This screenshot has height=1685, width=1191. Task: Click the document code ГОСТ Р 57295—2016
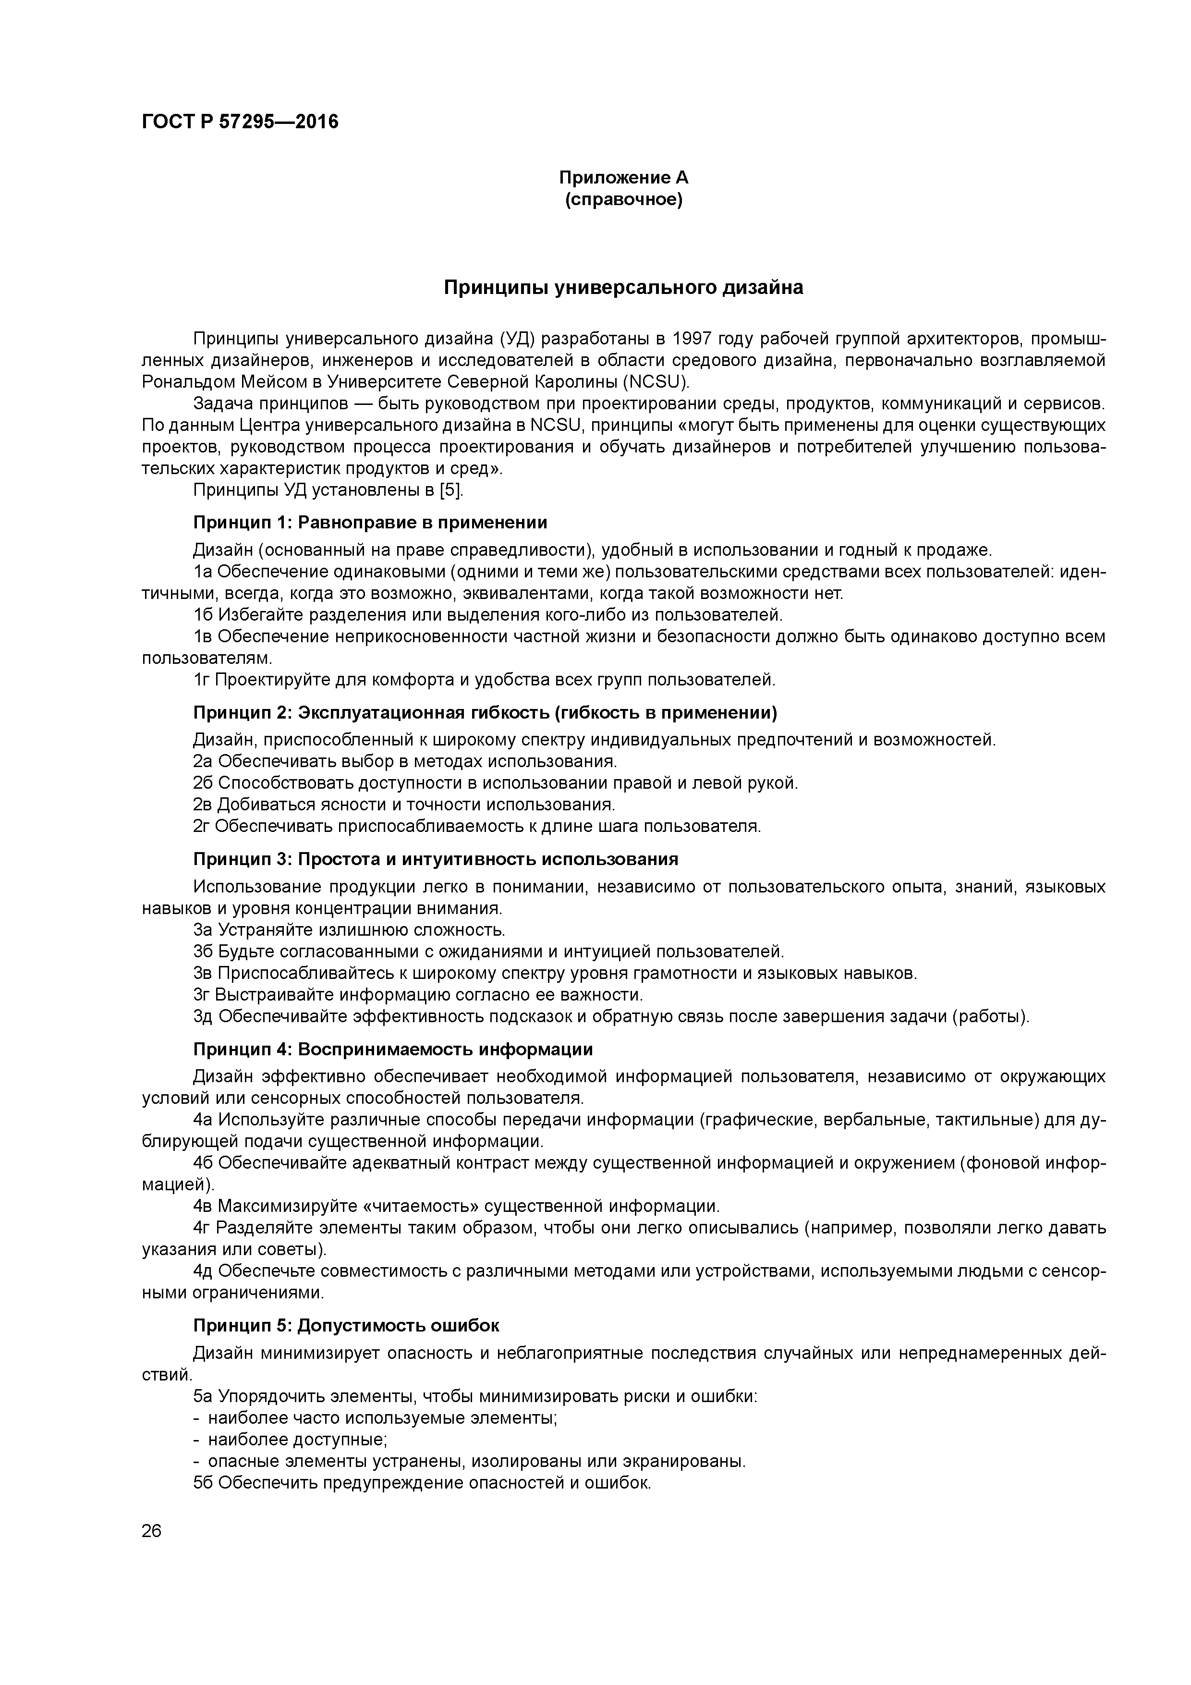click(x=240, y=122)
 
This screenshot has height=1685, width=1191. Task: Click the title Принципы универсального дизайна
click(x=623, y=288)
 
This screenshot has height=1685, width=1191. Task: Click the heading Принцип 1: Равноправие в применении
click(x=370, y=523)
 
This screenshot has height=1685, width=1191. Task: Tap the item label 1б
click(x=203, y=614)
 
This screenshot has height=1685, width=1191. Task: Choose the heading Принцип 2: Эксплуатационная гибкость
click(x=485, y=713)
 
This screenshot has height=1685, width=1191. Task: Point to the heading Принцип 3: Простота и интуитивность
click(x=435, y=859)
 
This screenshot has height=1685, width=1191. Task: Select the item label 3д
click(x=203, y=1016)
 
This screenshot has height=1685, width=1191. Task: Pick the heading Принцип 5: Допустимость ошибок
click(x=346, y=1325)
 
